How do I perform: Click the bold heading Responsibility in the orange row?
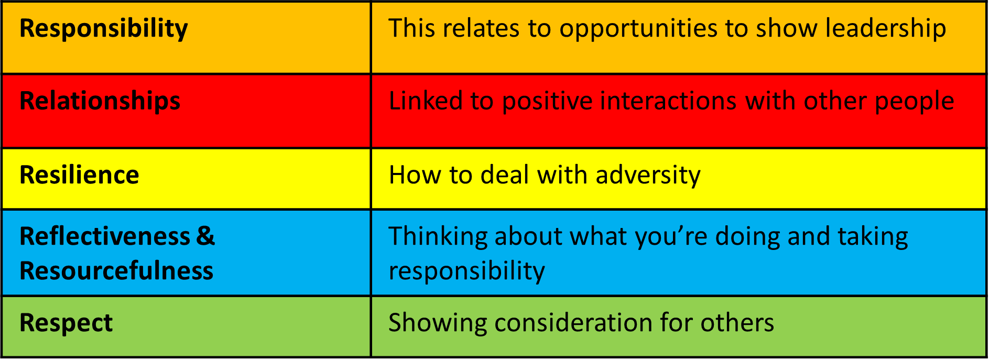click(104, 29)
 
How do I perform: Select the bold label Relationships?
click(100, 101)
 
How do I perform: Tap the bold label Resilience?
click(80, 175)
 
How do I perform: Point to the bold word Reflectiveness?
click(105, 236)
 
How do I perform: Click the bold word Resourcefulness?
click(117, 271)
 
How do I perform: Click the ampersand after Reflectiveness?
click(206, 236)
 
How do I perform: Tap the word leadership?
click(886, 29)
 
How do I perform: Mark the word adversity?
click(648, 176)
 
